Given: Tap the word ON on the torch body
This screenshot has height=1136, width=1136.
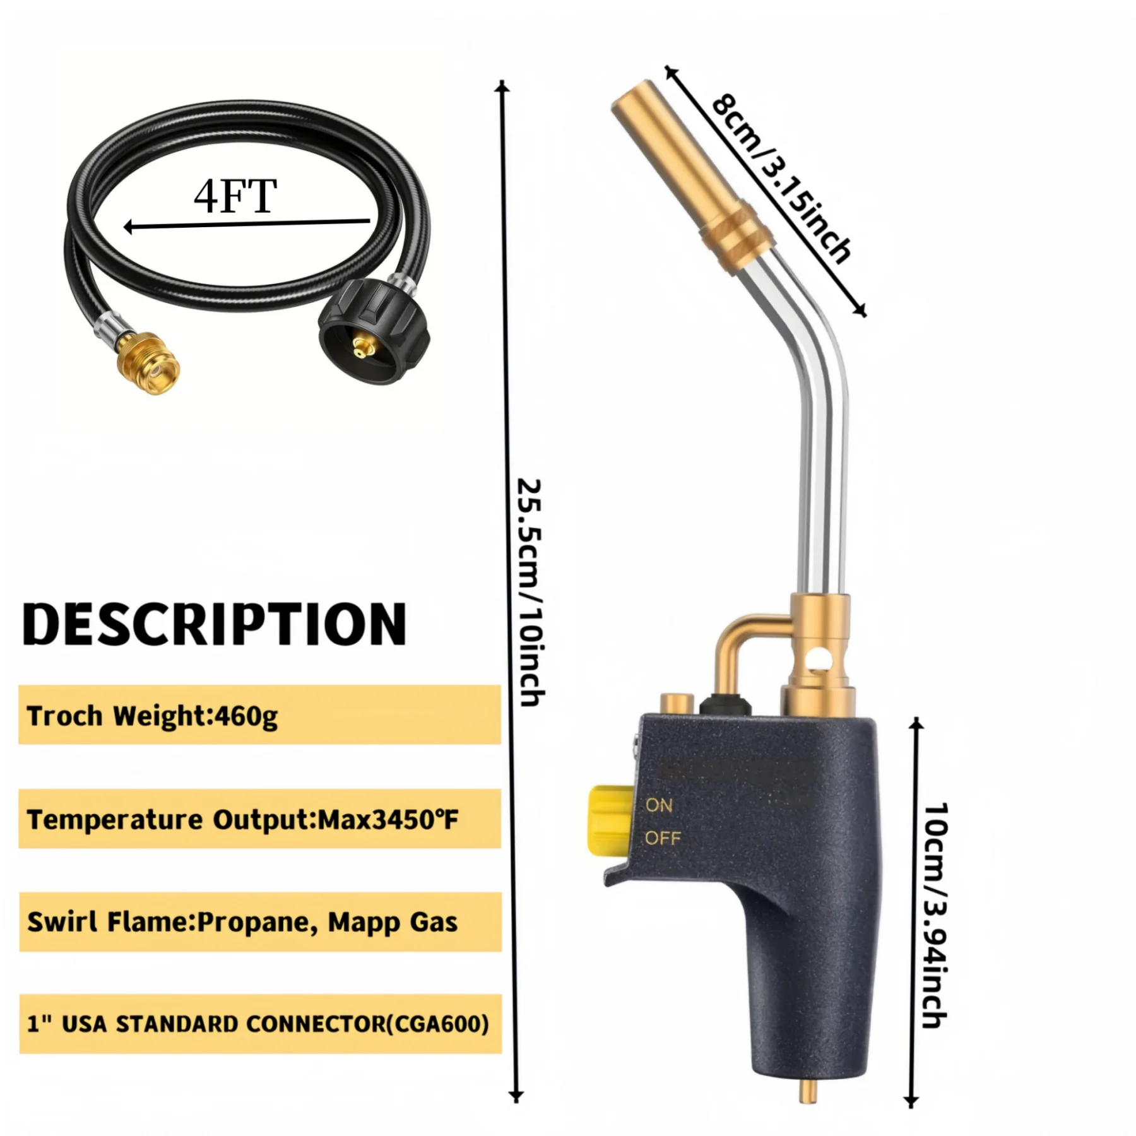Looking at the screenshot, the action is (659, 805).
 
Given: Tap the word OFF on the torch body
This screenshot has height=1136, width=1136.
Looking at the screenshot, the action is (663, 838).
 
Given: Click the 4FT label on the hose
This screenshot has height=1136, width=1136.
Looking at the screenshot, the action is (235, 197).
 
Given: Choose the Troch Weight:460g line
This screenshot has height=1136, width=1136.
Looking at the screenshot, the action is (152, 716).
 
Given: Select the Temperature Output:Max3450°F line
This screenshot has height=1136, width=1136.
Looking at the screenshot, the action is (242, 820).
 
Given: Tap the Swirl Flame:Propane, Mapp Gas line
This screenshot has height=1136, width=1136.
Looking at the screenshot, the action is (242, 923).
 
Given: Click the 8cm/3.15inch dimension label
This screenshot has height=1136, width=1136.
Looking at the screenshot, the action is (781, 178).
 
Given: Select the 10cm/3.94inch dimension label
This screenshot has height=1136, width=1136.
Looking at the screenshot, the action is (935, 915).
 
